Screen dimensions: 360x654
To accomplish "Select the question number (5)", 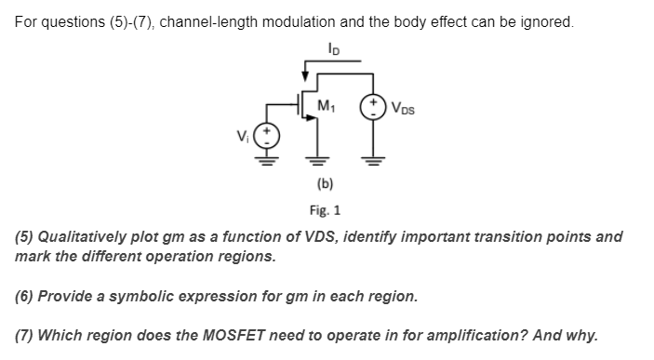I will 24,236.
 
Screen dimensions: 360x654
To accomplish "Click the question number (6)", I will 24,298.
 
